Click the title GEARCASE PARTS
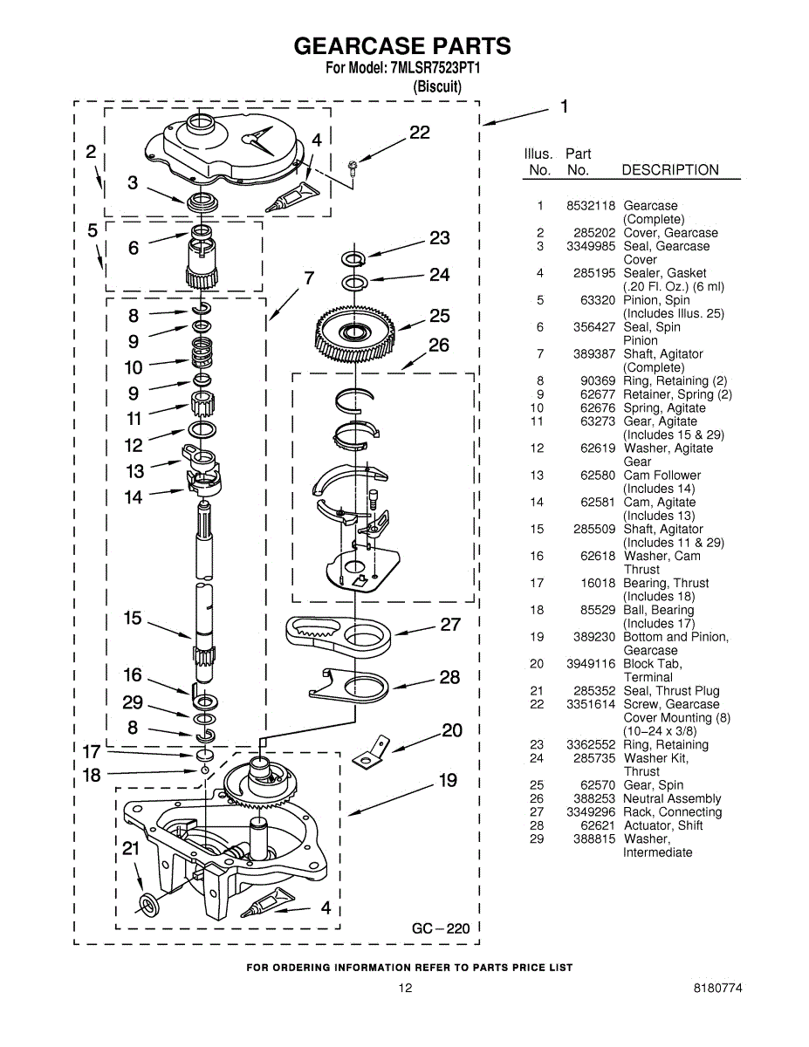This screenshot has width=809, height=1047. [402, 46]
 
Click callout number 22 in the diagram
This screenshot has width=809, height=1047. [420, 133]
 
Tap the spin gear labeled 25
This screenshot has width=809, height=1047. [355, 333]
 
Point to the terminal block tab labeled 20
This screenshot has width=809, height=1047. [371, 754]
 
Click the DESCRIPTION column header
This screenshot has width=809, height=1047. [670, 170]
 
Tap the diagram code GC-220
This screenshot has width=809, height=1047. [441, 928]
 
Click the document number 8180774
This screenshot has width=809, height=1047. [718, 989]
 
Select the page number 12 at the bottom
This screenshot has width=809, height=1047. [405, 989]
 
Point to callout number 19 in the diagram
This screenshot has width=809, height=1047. [448, 780]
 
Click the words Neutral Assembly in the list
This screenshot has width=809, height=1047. [672, 798]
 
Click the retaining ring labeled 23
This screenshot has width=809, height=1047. [353, 258]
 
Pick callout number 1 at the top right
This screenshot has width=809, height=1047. [565, 106]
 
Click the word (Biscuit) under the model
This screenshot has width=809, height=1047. [436, 86]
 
